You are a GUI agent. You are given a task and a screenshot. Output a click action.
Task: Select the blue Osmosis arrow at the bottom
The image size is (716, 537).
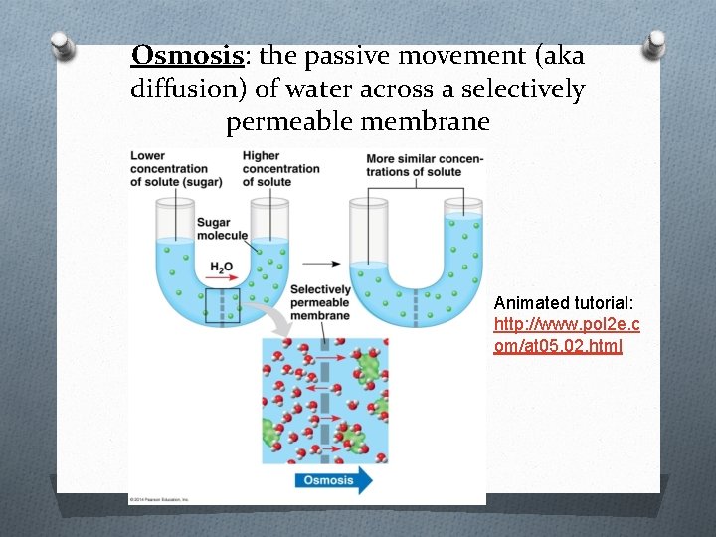(x=332, y=480)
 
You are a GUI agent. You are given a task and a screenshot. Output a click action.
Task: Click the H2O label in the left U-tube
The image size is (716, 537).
(x=222, y=268)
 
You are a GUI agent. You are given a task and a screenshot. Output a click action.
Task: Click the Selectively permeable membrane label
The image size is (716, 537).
(x=319, y=302)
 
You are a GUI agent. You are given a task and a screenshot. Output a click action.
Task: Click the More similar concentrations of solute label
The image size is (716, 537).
(x=425, y=165)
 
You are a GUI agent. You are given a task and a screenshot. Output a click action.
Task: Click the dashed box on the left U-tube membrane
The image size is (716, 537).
(x=222, y=306)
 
